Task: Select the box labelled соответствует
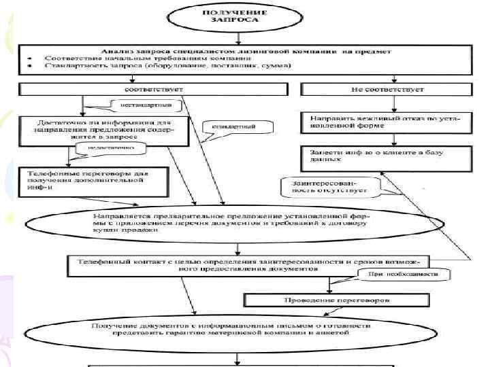tap(144, 88)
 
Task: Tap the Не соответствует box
tap(386, 88)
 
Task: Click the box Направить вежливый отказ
tap(386, 121)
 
